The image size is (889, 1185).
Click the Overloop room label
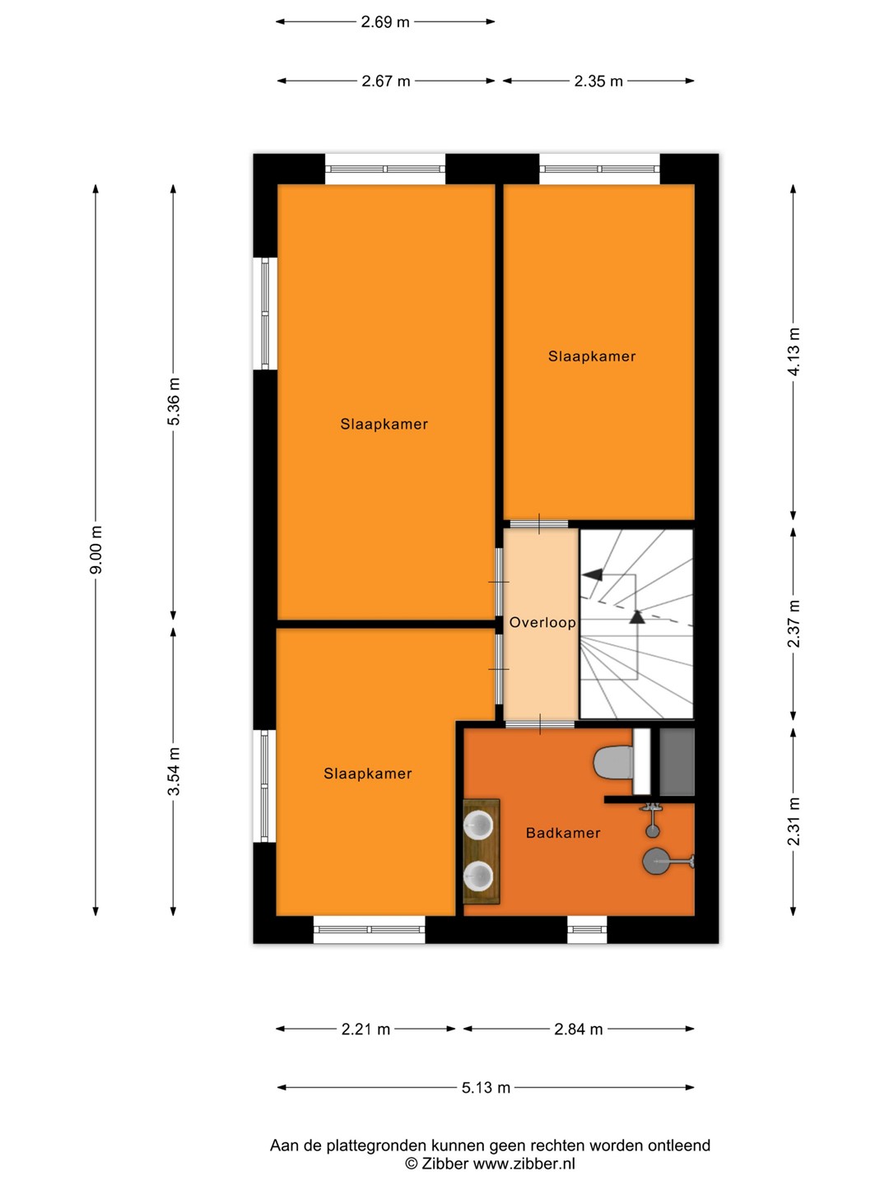[542, 622]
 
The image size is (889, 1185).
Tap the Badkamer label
[563, 833]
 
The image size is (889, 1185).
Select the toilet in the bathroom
[613, 762]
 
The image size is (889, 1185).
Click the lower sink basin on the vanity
[478, 875]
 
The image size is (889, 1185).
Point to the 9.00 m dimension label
[96, 551]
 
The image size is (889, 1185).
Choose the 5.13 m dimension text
[486, 1087]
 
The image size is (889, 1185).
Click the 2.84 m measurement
[578, 1029]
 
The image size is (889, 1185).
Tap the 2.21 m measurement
[365, 1029]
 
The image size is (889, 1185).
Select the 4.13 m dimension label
[794, 351]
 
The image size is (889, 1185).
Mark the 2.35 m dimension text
[598, 81]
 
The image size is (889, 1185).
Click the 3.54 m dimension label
[173, 771]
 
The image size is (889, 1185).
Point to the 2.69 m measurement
[385, 22]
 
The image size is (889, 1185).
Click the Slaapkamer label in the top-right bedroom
[592, 356]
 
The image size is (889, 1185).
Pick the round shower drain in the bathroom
[653, 860]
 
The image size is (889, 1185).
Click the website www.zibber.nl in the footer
[524, 1164]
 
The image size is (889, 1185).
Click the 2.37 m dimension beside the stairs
[794, 624]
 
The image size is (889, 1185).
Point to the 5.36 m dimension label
[173, 402]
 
